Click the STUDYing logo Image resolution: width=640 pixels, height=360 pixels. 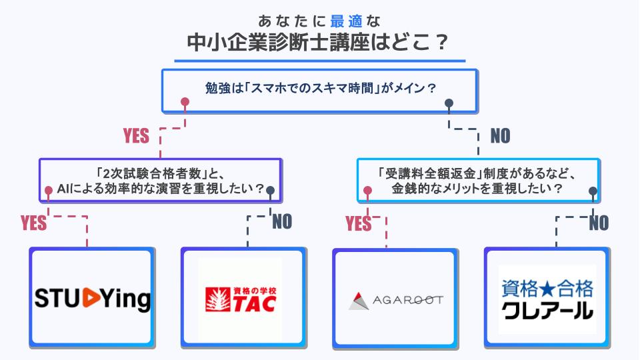(93, 298)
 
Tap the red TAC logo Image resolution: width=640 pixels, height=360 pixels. (240, 299)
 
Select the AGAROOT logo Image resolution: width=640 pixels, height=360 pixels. (395, 299)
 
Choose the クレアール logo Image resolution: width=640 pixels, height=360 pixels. (547, 299)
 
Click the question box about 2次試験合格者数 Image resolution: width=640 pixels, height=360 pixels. (159, 180)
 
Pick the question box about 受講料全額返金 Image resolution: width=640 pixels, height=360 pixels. (478, 180)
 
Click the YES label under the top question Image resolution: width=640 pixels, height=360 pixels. (136, 136)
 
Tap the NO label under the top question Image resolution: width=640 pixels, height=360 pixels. (500, 136)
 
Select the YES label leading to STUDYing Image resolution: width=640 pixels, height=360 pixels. (34, 223)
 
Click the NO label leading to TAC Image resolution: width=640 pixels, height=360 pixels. (282, 222)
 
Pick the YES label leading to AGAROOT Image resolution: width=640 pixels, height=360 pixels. (358, 223)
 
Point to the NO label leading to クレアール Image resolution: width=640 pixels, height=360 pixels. (598, 223)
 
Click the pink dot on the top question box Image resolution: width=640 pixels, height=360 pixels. (185, 103)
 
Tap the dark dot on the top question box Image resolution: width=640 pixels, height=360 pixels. (449, 103)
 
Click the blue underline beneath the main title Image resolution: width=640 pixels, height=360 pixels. (320, 61)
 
